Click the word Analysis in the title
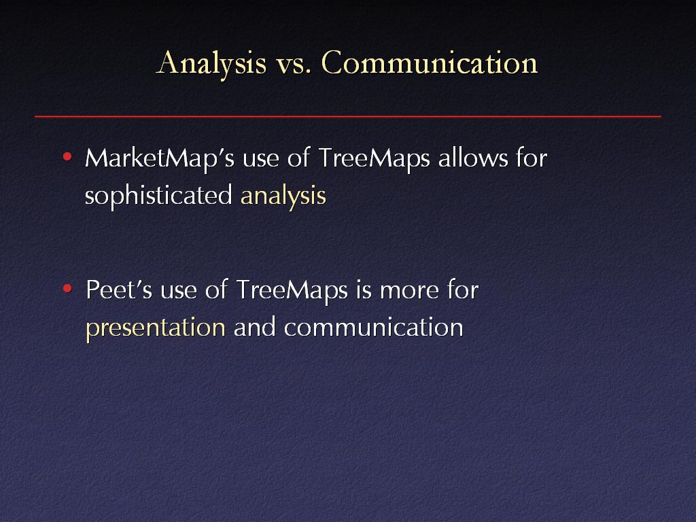click(212, 64)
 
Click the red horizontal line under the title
click(348, 116)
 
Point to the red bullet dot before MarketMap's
click(67, 157)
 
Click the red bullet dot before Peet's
click(67, 289)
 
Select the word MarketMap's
click(159, 158)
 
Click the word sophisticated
click(158, 196)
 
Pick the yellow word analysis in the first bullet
click(283, 196)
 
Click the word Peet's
click(118, 290)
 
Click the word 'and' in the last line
click(254, 327)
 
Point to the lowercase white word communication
click(374, 327)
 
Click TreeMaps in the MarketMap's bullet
click(375, 158)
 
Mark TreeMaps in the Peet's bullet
click(292, 291)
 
